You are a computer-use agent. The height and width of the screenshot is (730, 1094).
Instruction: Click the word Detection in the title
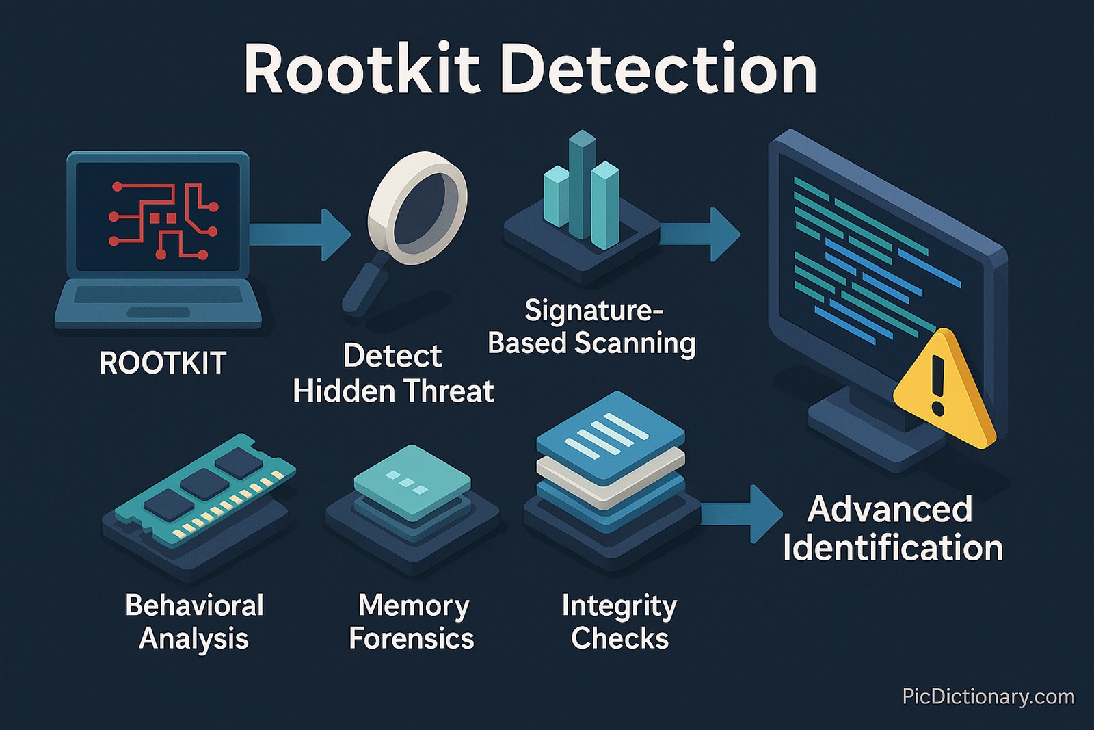[659, 70]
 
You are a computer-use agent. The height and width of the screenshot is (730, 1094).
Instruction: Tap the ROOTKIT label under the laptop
[163, 363]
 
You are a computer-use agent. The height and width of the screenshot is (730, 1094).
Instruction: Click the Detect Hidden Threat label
[393, 374]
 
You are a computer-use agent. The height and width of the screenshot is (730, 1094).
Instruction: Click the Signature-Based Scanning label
[591, 327]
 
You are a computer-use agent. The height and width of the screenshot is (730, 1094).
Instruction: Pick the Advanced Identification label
[892, 529]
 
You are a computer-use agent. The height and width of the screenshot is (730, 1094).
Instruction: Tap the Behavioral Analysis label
[194, 622]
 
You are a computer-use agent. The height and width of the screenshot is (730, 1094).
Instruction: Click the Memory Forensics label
[412, 622]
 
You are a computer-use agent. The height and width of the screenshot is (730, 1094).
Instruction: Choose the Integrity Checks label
[619, 622]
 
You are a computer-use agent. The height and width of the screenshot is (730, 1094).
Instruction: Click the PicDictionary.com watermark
[988, 696]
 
